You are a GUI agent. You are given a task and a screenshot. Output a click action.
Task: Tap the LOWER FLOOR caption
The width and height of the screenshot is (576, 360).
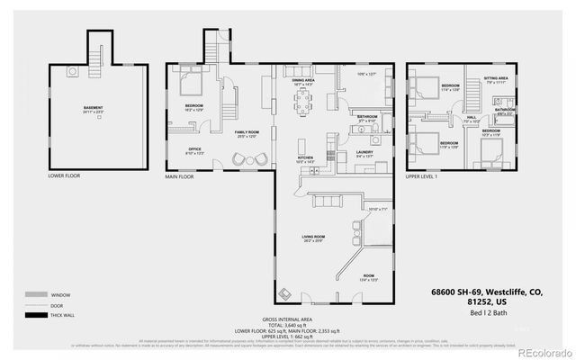tap(64, 175)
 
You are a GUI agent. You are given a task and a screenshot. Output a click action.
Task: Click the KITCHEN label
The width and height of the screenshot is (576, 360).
tap(305, 157)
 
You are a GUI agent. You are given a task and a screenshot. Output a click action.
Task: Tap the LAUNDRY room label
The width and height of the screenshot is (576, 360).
tap(364, 152)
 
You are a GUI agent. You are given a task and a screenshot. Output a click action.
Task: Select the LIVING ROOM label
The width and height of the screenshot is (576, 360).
tap(312, 238)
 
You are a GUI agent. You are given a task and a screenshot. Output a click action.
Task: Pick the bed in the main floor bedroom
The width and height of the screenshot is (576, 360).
tap(192, 85)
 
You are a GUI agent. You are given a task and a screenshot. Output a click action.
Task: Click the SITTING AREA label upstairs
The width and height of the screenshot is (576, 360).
tap(497, 79)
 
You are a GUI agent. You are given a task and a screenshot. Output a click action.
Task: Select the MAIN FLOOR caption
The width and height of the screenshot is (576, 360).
tap(179, 176)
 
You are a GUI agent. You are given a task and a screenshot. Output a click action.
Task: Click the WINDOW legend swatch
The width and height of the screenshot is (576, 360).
tap(35, 295)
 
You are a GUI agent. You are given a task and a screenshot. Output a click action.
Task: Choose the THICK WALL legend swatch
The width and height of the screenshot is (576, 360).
tap(35, 315)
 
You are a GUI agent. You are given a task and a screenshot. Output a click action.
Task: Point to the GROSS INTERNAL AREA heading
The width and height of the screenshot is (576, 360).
tap(288, 319)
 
